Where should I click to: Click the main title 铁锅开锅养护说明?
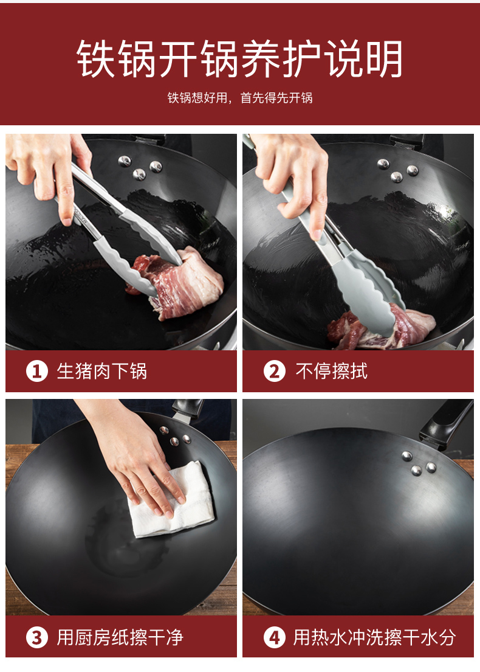click(239, 59)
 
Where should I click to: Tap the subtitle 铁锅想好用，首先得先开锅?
click(240, 98)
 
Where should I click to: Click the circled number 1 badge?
click(37, 371)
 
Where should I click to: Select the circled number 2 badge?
click(275, 371)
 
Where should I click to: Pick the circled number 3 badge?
click(37, 637)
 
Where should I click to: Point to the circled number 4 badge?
click(275, 637)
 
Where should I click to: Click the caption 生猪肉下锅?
click(102, 371)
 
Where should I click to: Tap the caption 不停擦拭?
click(331, 371)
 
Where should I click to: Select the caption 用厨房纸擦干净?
click(120, 637)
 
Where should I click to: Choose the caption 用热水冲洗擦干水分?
click(375, 637)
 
